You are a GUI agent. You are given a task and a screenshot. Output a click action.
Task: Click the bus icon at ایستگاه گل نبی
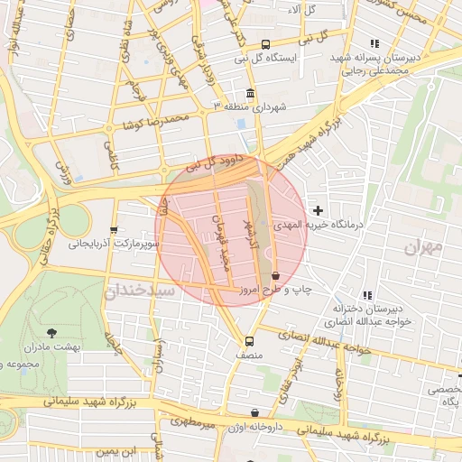coord(264,44)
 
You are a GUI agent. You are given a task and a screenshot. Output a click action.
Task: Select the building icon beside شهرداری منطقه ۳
coord(250,94)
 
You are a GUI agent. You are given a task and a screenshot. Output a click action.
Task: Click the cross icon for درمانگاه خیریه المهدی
coord(318,210)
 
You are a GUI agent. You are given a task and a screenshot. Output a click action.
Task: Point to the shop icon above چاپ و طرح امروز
coord(274,276)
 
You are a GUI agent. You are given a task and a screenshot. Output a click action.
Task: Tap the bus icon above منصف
coord(249,341)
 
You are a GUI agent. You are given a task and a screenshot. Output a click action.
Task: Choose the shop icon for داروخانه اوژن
coord(254,412)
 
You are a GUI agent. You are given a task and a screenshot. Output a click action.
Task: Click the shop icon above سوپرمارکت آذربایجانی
coord(113,231)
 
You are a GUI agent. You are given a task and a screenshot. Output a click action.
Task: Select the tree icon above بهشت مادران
coord(51,333)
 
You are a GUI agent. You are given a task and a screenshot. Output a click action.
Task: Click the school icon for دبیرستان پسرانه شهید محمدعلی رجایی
coord(374,43)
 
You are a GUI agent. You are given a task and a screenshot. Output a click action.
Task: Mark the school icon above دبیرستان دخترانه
coord(366,295)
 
